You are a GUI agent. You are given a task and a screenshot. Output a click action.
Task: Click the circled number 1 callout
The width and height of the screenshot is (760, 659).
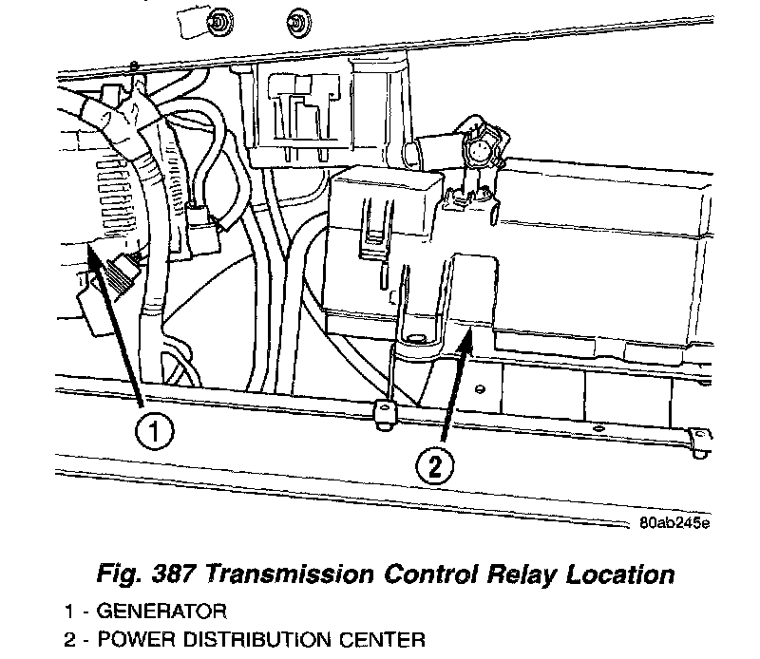tap(153, 433)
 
